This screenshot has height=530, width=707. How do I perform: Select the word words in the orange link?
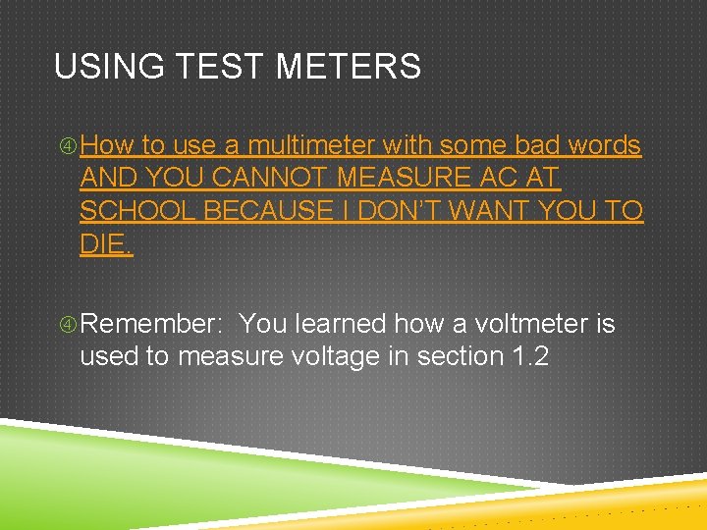click(604, 146)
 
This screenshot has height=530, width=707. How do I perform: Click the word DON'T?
click(406, 211)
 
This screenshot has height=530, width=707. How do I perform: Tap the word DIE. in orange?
click(106, 243)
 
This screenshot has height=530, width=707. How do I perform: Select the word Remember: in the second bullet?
click(153, 324)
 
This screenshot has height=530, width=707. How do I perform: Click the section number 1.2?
click(530, 356)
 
